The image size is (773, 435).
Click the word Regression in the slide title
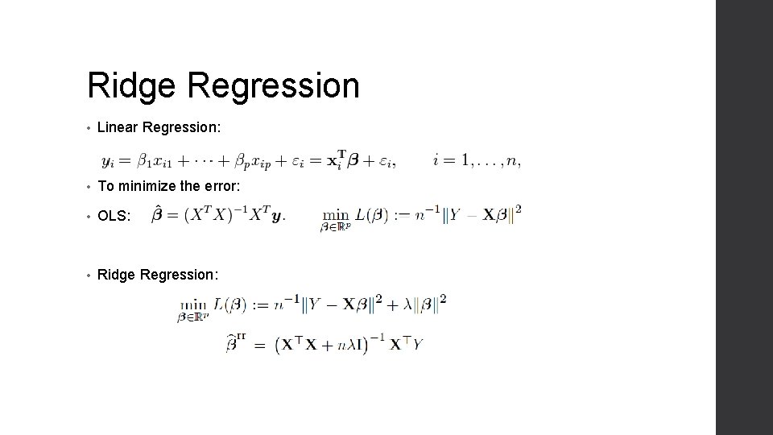[274, 86]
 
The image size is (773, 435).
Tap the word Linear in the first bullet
[116, 128]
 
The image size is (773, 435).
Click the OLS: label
[113, 215]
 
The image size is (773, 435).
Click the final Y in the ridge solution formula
[417, 345]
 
